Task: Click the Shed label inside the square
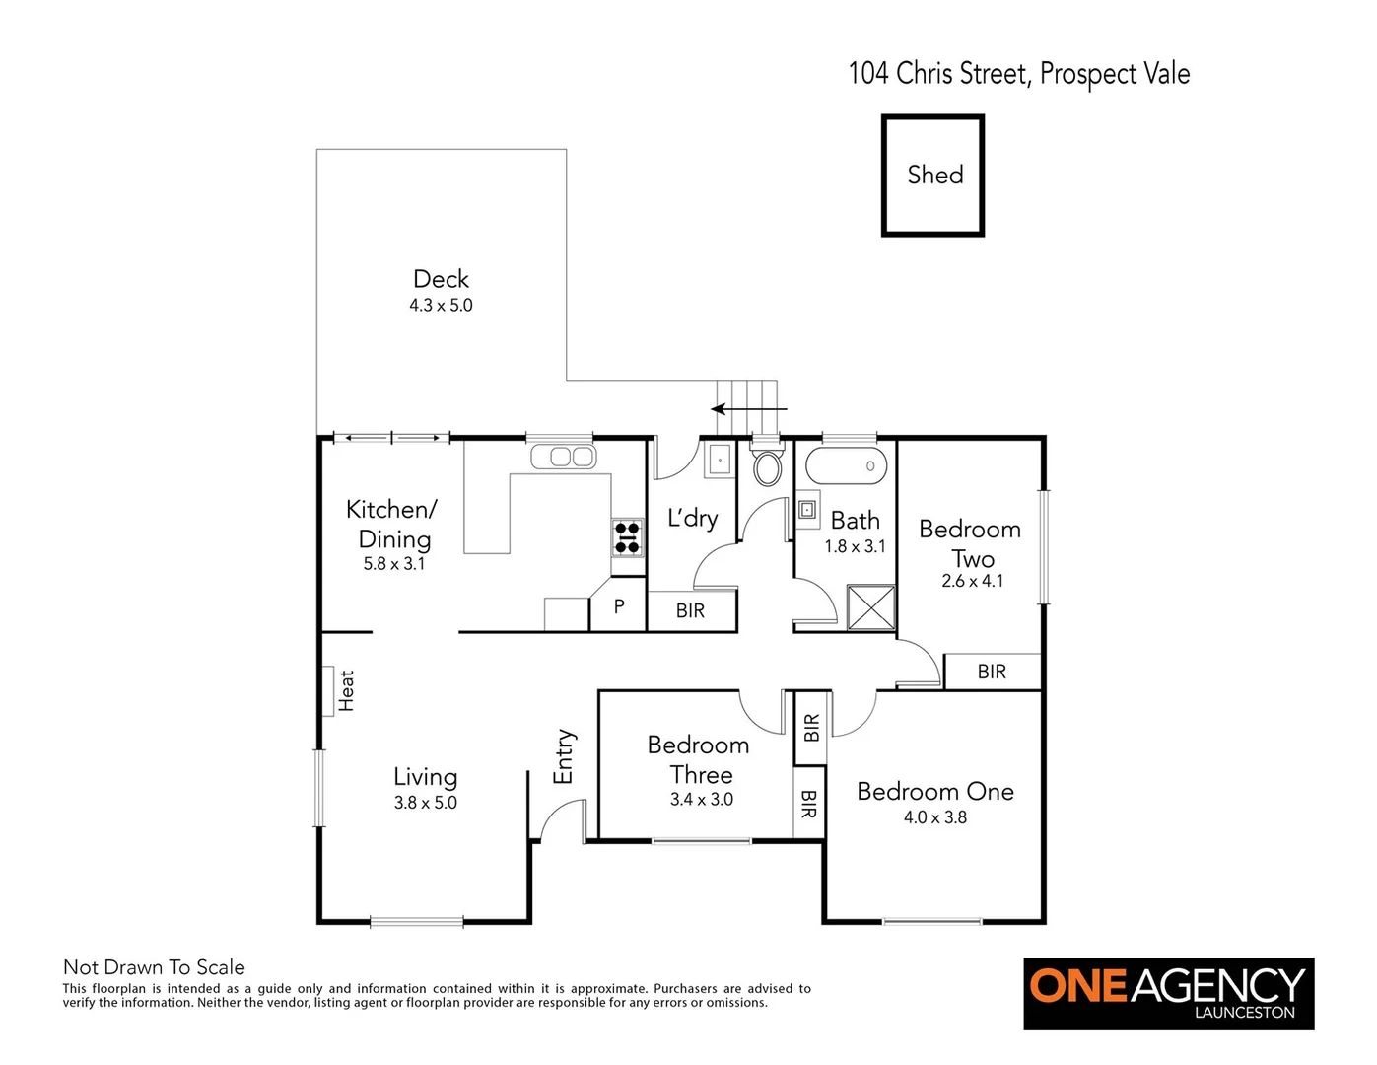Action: (934, 175)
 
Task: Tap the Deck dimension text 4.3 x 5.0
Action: (441, 306)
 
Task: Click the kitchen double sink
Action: (562, 457)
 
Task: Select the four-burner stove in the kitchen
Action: (627, 537)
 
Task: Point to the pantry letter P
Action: (619, 606)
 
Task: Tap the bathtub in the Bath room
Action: (846, 465)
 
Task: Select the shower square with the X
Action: (871, 606)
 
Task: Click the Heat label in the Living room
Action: (346, 690)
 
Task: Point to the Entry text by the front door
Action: (563, 756)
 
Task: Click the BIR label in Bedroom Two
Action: (992, 672)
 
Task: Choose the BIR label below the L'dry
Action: (690, 611)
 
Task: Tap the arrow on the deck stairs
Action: (749, 408)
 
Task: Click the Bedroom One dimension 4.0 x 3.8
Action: (934, 817)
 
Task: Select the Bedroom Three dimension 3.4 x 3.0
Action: (701, 800)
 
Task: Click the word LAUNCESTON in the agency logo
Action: (1244, 1012)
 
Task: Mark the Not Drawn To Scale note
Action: (154, 967)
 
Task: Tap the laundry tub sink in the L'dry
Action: (720, 460)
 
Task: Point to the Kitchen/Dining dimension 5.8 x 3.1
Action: (393, 564)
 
